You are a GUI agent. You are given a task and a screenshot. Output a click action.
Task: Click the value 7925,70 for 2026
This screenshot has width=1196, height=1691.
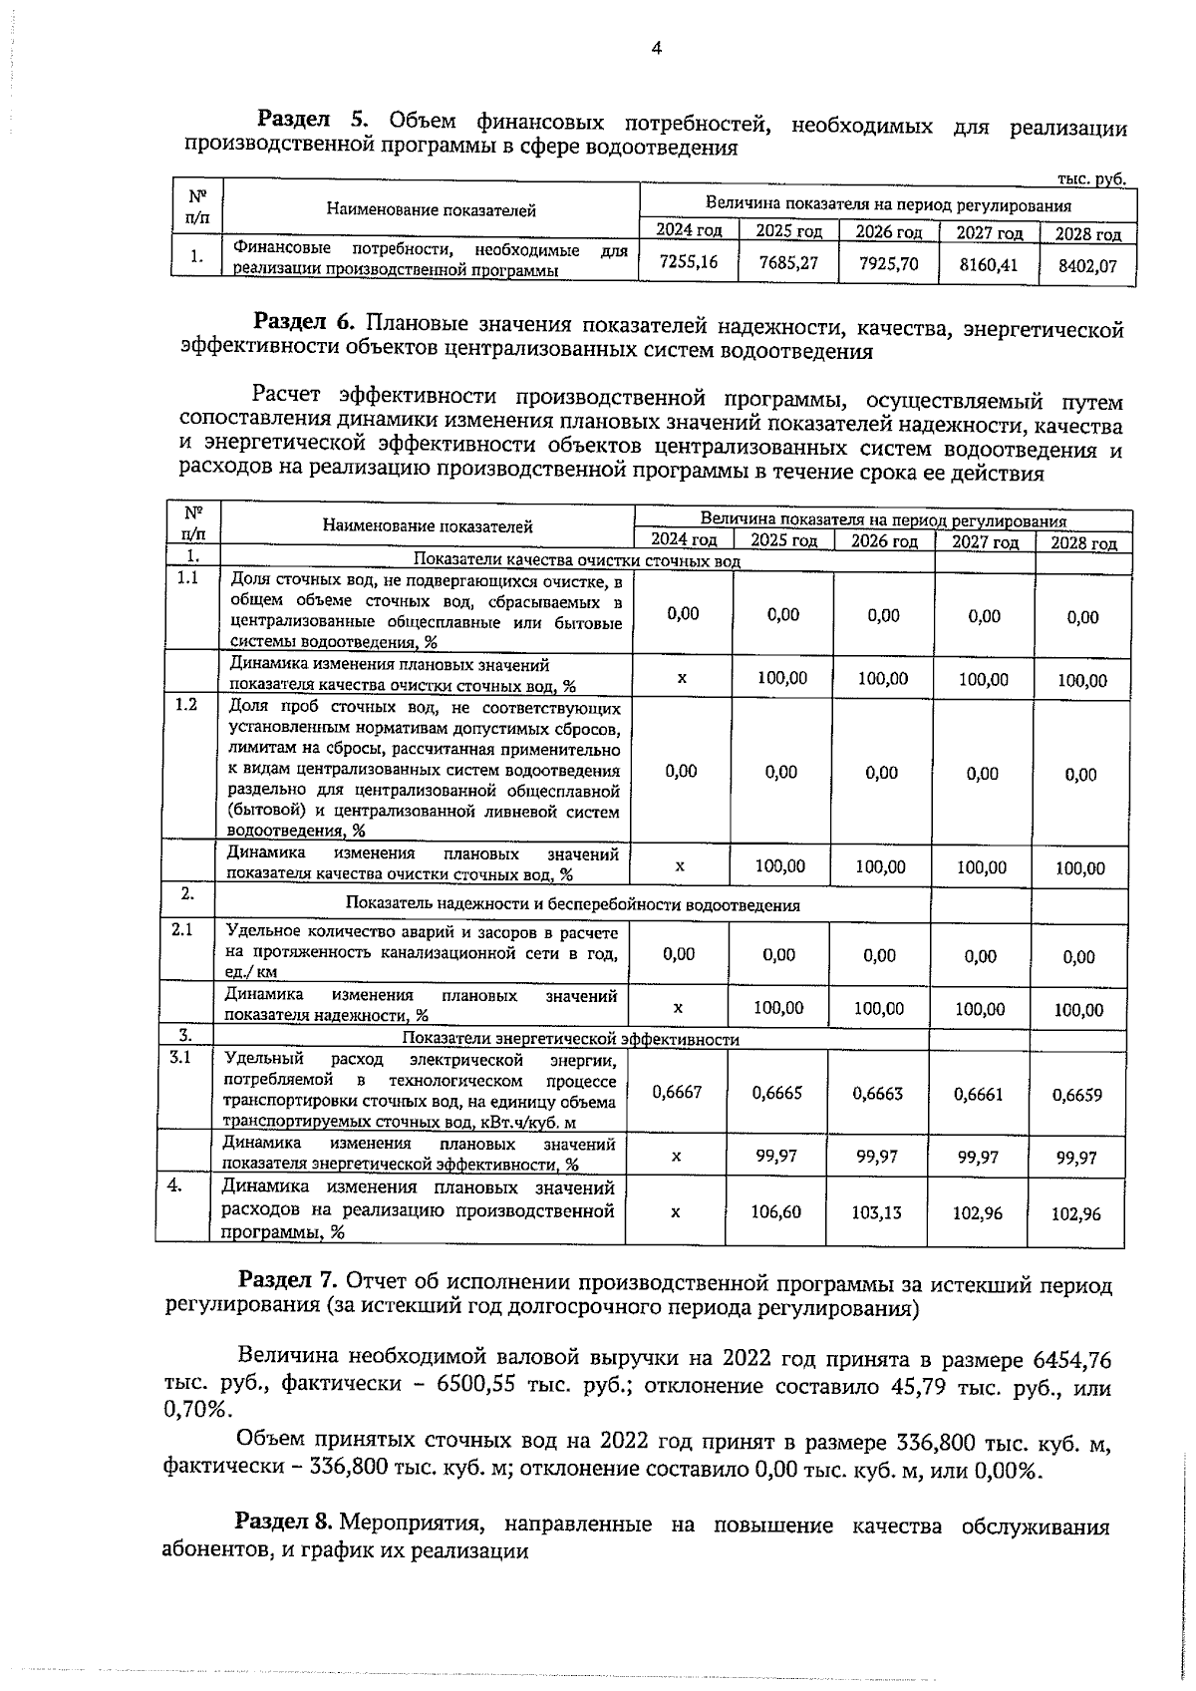click(888, 264)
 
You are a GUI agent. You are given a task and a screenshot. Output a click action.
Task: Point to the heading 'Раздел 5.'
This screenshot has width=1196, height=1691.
click(315, 121)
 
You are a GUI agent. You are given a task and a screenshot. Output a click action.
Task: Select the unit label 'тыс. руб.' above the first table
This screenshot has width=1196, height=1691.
click(1090, 179)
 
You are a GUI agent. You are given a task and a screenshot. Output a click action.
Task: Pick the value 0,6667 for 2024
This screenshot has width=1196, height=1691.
click(677, 1092)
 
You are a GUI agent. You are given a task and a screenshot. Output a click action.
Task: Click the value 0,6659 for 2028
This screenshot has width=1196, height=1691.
click(1077, 1094)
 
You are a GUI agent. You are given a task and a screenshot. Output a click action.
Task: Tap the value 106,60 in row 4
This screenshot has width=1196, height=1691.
click(775, 1211)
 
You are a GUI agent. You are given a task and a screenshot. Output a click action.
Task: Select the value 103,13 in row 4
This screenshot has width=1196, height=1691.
click(876, 1212)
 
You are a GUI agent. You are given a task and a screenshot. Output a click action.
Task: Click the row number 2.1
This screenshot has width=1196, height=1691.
click(182, 929)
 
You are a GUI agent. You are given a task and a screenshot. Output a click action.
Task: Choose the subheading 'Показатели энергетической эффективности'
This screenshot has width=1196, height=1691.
click(571, 1039)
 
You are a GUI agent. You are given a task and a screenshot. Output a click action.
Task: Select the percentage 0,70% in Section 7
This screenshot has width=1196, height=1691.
click(196, 1410)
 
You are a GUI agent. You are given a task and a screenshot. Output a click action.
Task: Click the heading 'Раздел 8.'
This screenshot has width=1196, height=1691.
click(284, 1523)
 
